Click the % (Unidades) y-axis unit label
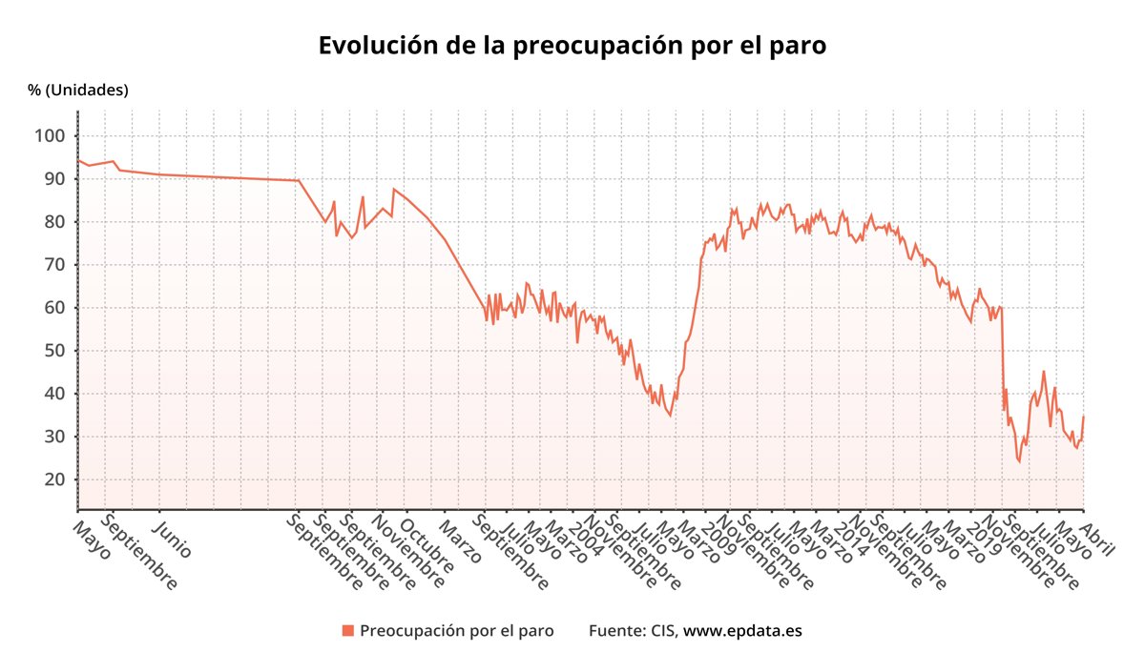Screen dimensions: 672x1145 78,91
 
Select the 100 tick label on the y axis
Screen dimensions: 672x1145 49,136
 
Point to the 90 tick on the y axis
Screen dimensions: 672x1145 52,179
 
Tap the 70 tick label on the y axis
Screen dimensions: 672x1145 52,265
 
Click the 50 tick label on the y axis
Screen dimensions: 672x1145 52,351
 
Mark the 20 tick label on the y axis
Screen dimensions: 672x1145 52,479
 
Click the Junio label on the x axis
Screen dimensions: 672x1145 173,538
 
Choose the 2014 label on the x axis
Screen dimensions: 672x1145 849,533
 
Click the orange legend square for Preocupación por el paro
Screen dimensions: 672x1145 348,631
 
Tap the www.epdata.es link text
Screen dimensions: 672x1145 742,631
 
